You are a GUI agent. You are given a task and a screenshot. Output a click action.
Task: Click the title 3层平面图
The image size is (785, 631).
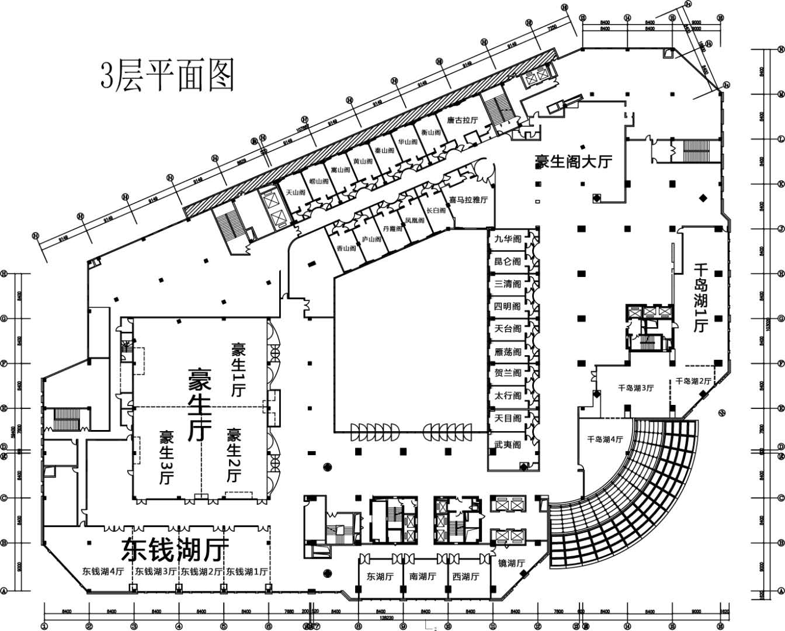(x=168, y=75)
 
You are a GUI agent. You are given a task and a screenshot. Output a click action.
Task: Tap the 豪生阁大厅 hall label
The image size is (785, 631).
(x=573, y=161)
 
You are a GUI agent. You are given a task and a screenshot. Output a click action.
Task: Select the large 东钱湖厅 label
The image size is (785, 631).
(x=175, y=549)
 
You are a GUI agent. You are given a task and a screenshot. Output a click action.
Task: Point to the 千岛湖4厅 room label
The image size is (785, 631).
(x=605, y=439)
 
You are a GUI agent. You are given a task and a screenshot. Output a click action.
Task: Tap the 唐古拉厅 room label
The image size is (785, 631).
(x=463, y=120)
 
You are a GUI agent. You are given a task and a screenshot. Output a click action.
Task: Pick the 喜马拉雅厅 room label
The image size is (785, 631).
(x=468, y=200)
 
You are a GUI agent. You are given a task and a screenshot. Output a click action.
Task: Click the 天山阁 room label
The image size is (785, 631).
(x=296, y=192)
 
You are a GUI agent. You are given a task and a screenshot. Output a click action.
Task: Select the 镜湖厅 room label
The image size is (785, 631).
(x=512, y=563)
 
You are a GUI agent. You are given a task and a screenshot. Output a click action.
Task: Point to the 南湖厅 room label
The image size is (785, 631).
(x=423, y=577)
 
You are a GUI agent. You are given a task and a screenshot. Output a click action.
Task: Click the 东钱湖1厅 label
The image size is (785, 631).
(x=247, y=571)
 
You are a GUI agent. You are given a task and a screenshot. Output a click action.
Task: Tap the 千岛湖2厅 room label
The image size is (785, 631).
(x=693, y=381)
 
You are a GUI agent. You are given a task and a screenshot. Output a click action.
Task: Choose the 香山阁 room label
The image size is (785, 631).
(x=346, y=248)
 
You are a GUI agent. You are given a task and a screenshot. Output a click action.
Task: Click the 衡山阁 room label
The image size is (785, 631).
(x=430, y=133)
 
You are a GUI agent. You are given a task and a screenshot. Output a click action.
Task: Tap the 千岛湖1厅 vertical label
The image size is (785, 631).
(x=701, y=298)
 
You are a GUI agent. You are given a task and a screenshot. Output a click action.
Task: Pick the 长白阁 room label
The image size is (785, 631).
(x=436, y=210)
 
